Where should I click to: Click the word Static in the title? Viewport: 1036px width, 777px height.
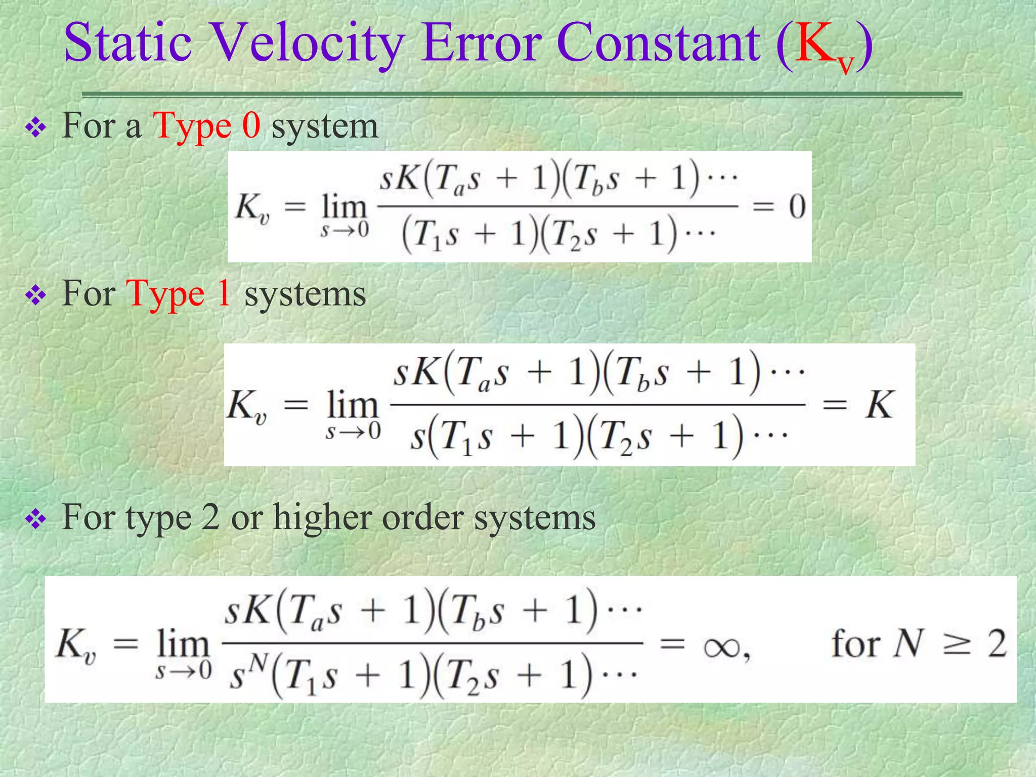click(x=127, y=42)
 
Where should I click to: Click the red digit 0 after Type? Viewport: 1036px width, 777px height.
click(x=251, y=125)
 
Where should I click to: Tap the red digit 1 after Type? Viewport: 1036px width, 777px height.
click(x=224, y=293)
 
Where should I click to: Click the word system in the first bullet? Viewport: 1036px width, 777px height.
click(x=325, y=126)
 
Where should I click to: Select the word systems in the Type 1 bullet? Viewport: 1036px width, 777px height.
click(x=305, y=294)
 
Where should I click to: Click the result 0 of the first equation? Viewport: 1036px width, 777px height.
click(x=797, y=207)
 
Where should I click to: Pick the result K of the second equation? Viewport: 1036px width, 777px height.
click(x=879, y=405)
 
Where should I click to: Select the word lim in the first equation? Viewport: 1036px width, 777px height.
click(x=344, y=207)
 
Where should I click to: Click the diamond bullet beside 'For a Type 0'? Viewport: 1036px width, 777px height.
click(x=36, y=128)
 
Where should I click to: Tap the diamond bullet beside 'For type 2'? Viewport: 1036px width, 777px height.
click(x=36, y=520)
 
